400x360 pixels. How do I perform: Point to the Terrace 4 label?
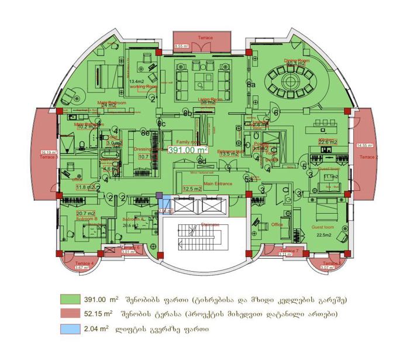coord(85,263)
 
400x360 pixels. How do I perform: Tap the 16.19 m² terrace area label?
coord(49,153)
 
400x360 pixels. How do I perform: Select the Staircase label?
coord(210,224)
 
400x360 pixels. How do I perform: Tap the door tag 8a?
coord(252,85)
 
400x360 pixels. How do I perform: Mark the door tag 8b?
coord(187,112)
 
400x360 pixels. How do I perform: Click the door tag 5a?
coord(249,179)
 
